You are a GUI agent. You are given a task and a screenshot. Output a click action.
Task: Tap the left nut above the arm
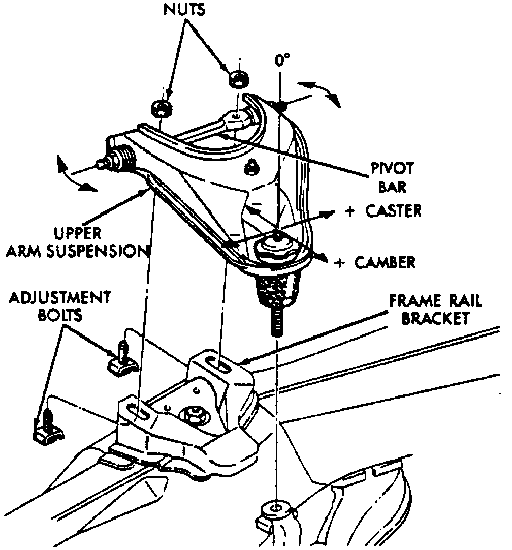click(x=161, y=107)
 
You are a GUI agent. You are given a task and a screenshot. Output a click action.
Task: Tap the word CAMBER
click(x=385, y=262)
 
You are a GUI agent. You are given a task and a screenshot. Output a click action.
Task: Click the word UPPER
click(x=78, y=233)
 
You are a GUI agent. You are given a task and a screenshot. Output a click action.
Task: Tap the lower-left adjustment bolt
click(x=47, y=427)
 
